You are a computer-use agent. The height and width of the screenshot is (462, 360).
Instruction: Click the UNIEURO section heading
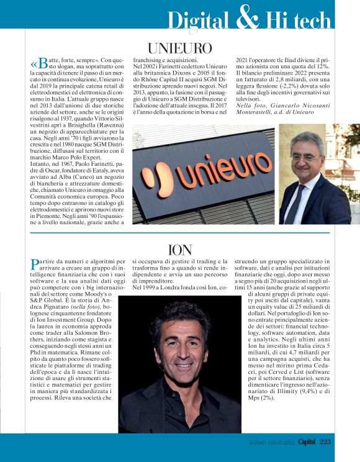[x=179, y=48]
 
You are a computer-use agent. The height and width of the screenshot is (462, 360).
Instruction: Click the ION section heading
[x=180, y=250]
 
